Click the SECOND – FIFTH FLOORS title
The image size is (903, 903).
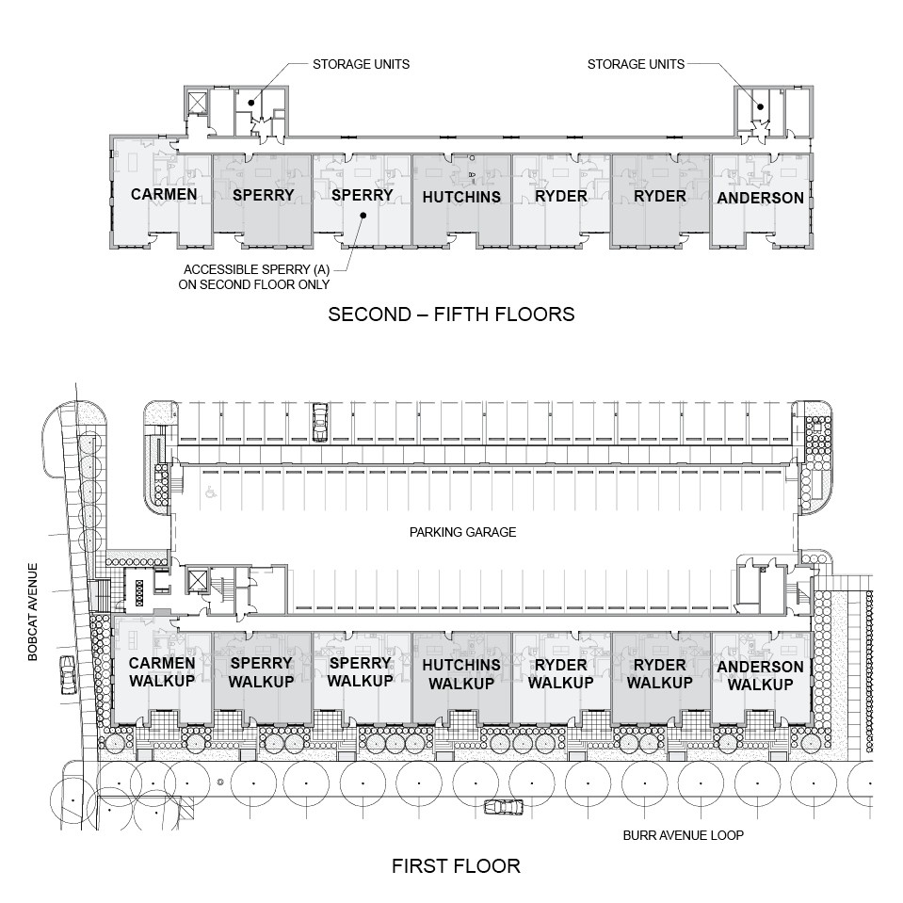pos(451,314)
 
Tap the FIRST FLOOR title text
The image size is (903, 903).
pos(456,865)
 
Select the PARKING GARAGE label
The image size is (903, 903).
pos(462,532)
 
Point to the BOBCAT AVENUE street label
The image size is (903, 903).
pos(33,612)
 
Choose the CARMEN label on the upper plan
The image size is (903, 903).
pos(164,195)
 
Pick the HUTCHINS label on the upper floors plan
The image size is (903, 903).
pos(461,198)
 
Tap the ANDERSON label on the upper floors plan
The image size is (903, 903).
pos(760,198)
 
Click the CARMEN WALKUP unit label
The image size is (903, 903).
pos(162,672)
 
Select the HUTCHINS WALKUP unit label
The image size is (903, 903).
pos(461,674)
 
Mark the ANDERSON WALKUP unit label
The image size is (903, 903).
pos(760,675)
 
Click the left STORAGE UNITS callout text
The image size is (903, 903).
pos(361,65)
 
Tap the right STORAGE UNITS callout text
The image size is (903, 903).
pos(636,65)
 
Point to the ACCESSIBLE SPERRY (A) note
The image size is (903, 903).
pos(261,276)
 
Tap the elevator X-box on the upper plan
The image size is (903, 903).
pos(199,102)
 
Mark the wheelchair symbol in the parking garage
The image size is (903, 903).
pos(210,490)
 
